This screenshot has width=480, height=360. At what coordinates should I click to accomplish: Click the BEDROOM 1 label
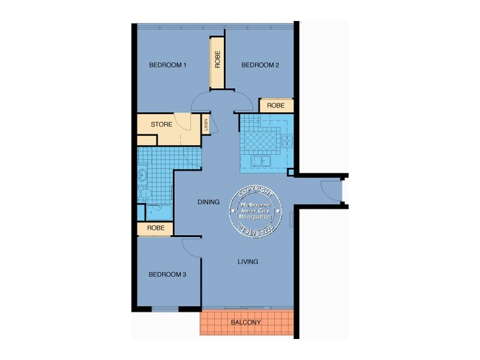coord(169,65)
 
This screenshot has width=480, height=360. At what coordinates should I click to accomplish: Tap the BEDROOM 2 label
coord(260,65)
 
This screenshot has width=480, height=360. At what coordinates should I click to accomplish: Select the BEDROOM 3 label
coord(167,275)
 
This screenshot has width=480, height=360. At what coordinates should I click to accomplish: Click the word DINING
coord(208,202)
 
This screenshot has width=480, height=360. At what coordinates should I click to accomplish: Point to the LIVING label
coord(247,262)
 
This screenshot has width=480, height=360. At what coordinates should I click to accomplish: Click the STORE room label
coord(161,125)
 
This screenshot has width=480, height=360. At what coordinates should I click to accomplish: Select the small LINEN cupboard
coord(206,124)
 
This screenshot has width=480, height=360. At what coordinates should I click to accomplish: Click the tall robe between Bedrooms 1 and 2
coord(217,62)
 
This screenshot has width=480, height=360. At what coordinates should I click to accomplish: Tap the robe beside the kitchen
coord(276,106)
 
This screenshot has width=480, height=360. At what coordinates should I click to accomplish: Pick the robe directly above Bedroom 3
coord(155,229)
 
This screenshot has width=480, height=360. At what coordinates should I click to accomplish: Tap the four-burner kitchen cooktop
coord(287,142)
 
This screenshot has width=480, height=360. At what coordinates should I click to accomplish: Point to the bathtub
coord(141,212)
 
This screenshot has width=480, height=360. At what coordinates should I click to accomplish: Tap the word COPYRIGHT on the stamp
coord(255,192)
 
